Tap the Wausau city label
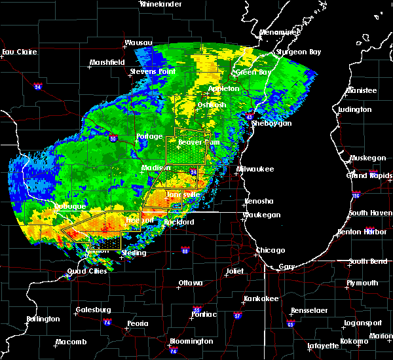[x=138, y=44]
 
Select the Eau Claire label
[x=18, y=52]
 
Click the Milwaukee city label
[x=255, y=169]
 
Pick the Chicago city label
[x=271, y=250]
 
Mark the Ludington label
[x=356, y=110]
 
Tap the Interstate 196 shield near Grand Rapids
[x=374, y=194]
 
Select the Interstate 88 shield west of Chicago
[x=185, y=249]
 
